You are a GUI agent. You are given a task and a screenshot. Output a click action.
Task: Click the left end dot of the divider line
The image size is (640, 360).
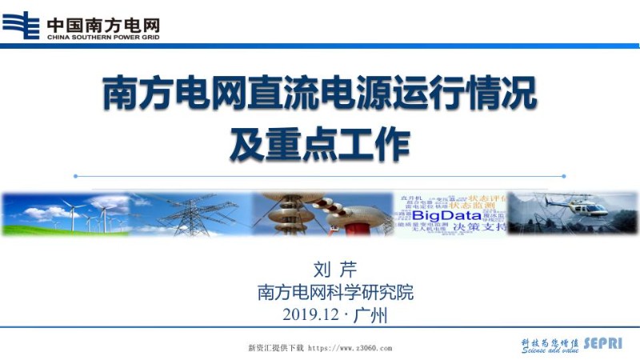click(75, 176)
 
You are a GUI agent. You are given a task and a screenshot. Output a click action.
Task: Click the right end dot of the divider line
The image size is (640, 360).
click(564, 176)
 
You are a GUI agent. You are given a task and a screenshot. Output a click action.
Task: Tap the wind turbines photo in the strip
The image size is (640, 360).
click(68, 214)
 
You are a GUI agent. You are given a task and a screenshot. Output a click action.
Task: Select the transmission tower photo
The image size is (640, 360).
click(192, 214)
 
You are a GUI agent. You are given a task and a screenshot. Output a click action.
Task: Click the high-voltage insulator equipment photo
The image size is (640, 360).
click(320, 214)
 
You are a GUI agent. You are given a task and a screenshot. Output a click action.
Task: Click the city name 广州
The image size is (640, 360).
click(370, 315)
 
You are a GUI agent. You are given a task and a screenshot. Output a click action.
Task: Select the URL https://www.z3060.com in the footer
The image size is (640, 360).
click(350, 349)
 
